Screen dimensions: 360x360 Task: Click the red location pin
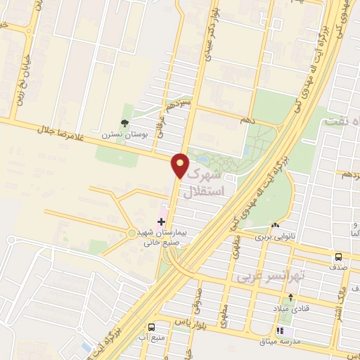tap(180, 165)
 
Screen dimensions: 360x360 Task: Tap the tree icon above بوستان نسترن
tap(124, 122)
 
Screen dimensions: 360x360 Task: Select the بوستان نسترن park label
tap(117, 134)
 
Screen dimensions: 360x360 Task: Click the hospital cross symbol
tap(161, 221)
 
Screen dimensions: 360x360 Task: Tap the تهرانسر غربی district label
tap(263, 276)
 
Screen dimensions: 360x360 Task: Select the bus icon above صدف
tap(338, 257)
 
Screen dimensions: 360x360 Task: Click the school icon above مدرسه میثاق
tap(283, 330)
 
